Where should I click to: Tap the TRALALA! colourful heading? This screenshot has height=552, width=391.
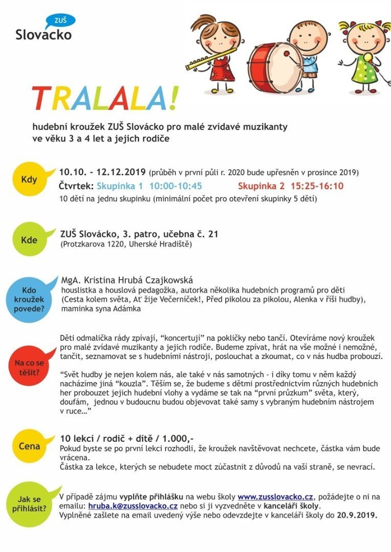pyautogui.click(x=105, y=99)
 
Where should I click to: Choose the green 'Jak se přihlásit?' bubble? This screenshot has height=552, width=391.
pyautogui.click(x=29, y=504)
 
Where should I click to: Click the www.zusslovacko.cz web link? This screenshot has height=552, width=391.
pyautogui.click(x=275, y=497)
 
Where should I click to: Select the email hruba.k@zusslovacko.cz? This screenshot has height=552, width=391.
pyautogui.click(x=133, y=506)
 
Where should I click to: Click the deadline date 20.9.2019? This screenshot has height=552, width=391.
pyautogui.click(x=357, y=515)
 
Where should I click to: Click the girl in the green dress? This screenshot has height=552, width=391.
pyautogui.click(x=364, y=56)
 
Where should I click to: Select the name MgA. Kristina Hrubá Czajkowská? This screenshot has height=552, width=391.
pyautogui.click(x=127, y=280)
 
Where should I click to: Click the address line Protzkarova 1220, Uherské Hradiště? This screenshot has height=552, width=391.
pyautogui.click(x=126, y=244)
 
